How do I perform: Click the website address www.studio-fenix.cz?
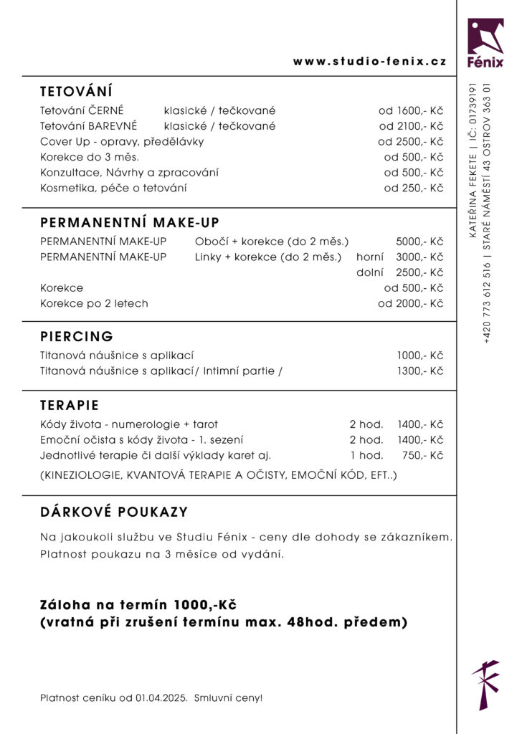[369, 62]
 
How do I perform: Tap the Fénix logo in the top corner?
[485, 42]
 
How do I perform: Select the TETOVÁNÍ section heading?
[76, 92]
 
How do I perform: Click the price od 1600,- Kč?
[411, 111]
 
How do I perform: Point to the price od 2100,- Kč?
[411, 126]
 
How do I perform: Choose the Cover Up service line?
[122, 142]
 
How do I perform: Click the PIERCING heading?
[77, 336]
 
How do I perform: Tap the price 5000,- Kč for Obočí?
[419, 242]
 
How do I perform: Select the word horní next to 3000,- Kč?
[370, 257]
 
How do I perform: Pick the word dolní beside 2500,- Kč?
[370, 272]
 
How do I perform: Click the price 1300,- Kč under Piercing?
[420, 371]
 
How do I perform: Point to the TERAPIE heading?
[70, 405]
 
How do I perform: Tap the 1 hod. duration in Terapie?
[366, 455]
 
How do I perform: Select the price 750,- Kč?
[422, 455]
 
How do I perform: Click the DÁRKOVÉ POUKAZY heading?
[114, 512]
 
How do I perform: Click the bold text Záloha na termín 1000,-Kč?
[138, 604]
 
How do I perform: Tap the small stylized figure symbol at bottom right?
[485, 685]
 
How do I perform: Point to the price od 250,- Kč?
[414, 188]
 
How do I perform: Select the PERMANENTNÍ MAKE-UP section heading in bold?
[130, 223]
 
